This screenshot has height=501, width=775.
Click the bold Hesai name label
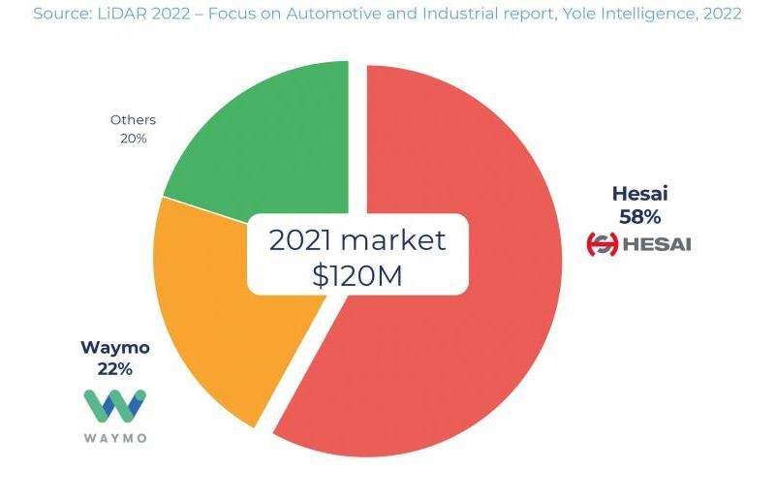[639, 194]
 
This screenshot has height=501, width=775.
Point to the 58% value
[639, 217]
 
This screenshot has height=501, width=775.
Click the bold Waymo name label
[114, 348]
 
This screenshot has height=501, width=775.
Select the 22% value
[114, 369]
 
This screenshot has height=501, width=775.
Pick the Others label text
[133, 120]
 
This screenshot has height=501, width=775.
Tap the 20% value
[133, 139]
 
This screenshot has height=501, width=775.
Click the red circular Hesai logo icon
[603, 244]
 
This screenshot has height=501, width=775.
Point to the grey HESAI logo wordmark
[656, 244]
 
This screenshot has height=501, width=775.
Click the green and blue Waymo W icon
[114, 406]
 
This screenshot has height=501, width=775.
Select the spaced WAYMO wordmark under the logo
[114, 438]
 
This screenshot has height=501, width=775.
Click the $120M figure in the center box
[356, 276]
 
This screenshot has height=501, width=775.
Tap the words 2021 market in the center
[356, 240]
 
